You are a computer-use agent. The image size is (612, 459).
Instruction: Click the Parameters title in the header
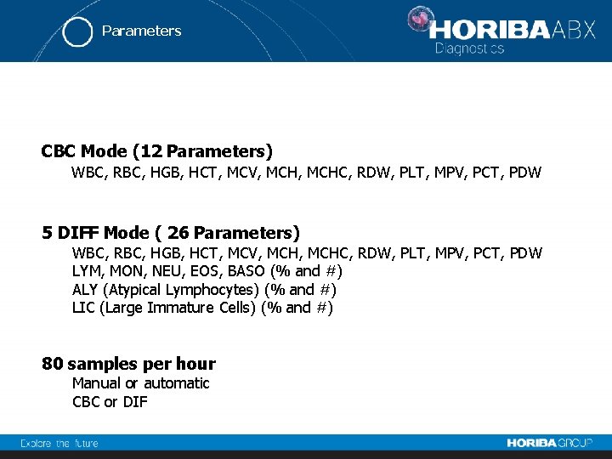[141, 31]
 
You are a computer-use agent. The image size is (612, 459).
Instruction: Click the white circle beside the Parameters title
[77, 32]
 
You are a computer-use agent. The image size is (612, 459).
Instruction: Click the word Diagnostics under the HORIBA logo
[469, 48]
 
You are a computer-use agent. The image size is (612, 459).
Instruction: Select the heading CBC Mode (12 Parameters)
[157, 151]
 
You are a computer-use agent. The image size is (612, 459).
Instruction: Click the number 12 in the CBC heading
[150, 151]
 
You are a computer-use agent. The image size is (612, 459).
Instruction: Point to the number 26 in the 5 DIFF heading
[178, 233]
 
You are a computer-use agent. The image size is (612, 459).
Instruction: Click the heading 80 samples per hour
[128, 364]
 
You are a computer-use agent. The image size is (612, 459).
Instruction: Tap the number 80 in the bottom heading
[53, 364]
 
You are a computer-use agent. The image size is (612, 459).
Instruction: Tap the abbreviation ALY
[86, 290]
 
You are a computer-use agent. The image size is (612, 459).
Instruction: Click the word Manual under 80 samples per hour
[97, 383]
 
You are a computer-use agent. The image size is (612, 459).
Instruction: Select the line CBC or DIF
[110, 402]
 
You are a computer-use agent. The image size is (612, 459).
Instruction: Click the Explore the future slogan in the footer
[59, 443]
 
